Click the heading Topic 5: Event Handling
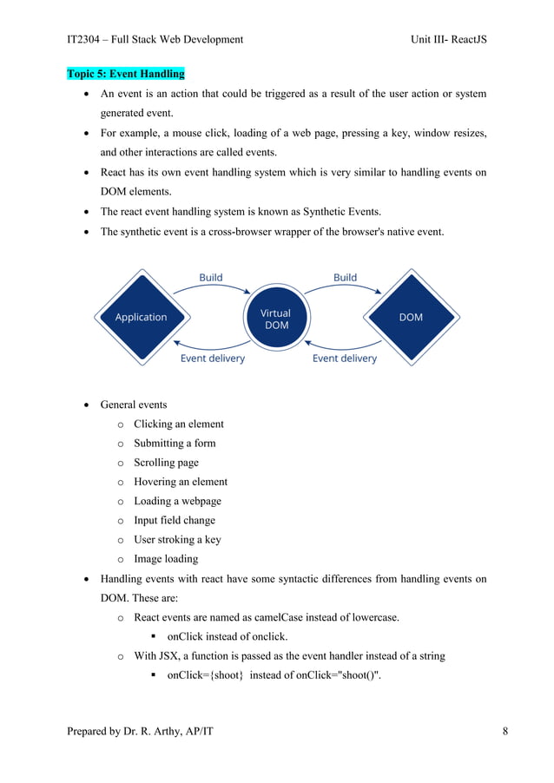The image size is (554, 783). (126, 74)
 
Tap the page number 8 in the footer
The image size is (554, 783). (505, 732)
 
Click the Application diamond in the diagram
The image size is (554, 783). (141, 318)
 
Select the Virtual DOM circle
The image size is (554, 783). (276, 319)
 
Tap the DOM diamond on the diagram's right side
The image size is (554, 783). (411, 318)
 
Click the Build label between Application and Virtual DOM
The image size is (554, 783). (210, 278)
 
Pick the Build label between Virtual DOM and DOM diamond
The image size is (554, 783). (345, 278)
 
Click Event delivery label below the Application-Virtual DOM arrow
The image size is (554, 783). (212, 358)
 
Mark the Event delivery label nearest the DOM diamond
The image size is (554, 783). (345, 358)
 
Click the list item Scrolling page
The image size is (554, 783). (166, 463)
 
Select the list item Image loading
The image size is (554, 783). (166, 559)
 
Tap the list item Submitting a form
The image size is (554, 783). (175, 444)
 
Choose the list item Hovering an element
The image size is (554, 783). (181, 482)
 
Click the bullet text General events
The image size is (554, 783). (135, 405)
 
